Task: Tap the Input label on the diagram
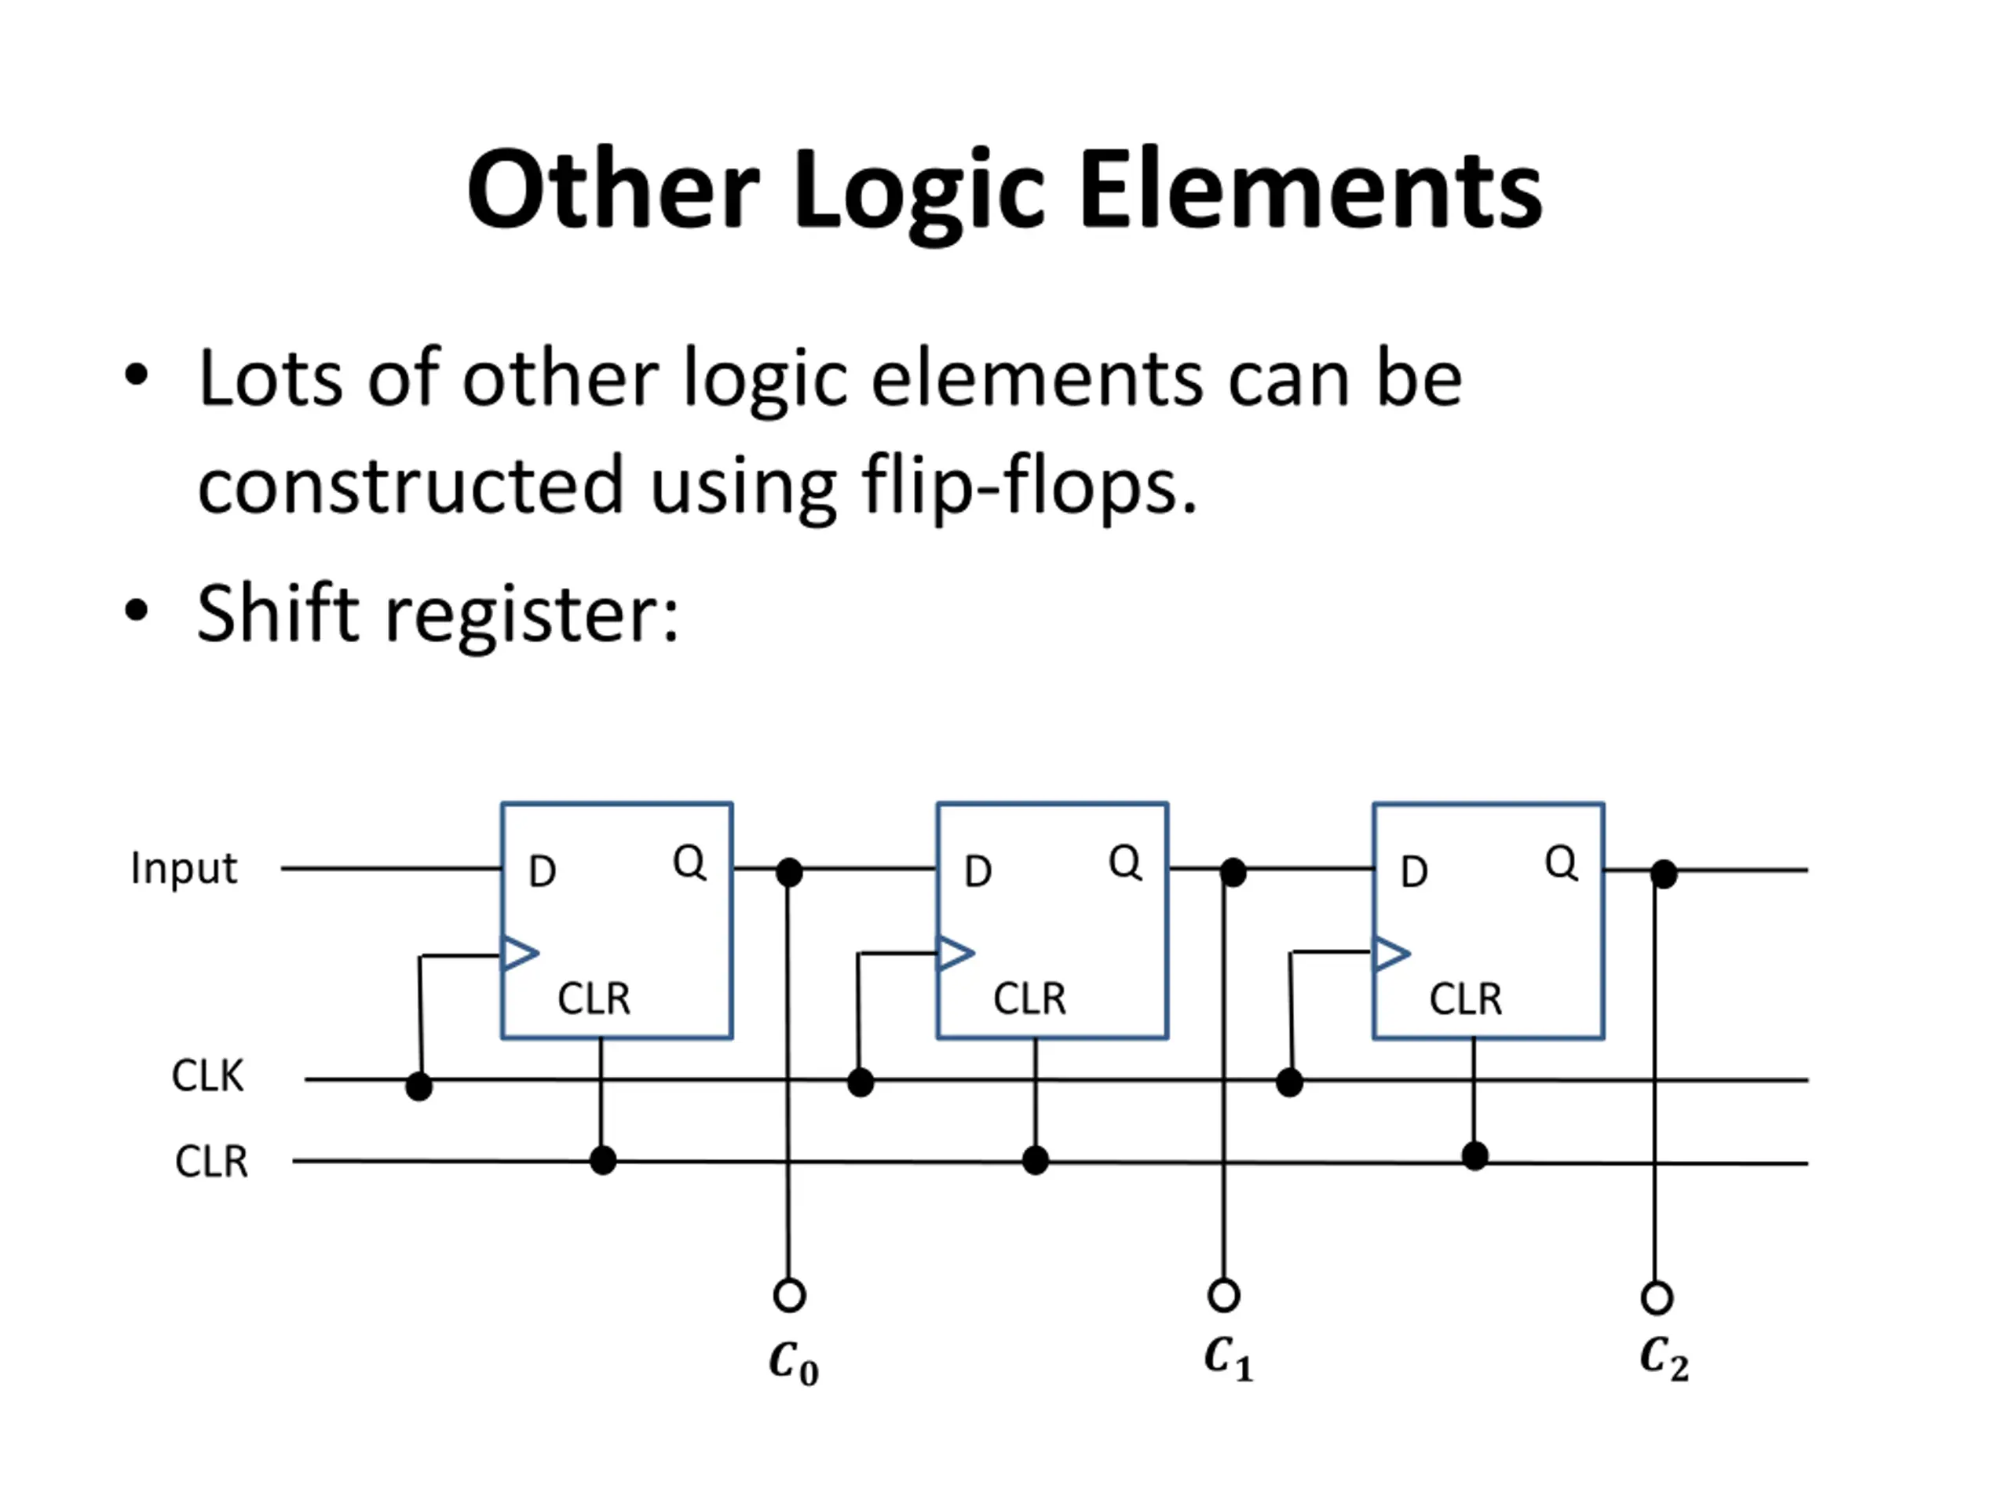tap(184, 868)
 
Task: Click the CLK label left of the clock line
tap(208, 1076)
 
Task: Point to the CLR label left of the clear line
tap(212, 1162)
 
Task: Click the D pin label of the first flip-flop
tap(543, 872)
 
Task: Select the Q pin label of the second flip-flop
tap(1125, 861)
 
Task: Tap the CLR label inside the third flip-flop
tap(1466, 999)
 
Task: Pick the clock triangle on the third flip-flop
tap(1392, 953)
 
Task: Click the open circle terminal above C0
tap(790, 1294)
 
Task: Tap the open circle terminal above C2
tap(1657, 1298)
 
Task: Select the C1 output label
tap(1229, 1359)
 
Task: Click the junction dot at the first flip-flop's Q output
tap(790, 873)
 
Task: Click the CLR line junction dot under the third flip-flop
tap(1475, 1156)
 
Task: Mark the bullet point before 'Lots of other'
tap(137, 375)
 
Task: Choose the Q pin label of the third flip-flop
tap(1561, 861)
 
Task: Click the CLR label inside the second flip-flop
tap(1029, 999)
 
